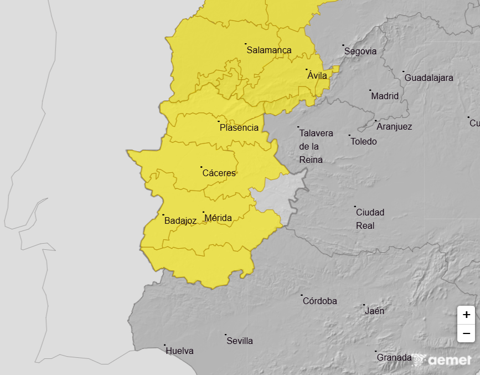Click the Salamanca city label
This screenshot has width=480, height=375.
tap(269, 50)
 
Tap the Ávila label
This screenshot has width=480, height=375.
tap(317, 75)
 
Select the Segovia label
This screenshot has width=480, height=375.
tap(360, 51)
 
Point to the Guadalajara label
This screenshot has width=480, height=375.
tap(429, 78)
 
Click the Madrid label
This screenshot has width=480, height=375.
tap(385, 96)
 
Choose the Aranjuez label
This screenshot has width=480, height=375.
tap(394, 126)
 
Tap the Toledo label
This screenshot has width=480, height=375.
tap(364, 141)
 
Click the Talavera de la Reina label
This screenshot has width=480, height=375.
tap(316, 146)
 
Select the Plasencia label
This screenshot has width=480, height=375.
tap(239, 127)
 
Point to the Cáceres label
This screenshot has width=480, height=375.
tap(219, 173)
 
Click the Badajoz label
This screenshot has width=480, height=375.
tap(180, 220)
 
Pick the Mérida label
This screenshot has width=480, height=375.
tap(218, 218)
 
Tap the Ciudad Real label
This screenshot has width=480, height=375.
tap(370, 219)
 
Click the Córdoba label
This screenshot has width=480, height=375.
tap(319, 301)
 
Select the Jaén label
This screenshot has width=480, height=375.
tap(374, 311)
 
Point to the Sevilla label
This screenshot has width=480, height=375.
tap(240, 341)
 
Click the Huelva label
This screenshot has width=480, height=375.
tap(179, 351)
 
